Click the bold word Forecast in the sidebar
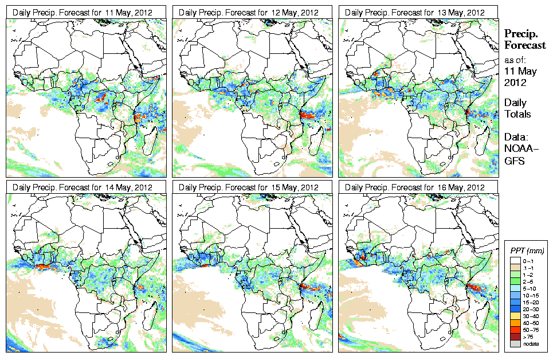(524, 46)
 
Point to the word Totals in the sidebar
(517, 114)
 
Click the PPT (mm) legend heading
(528, 251)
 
